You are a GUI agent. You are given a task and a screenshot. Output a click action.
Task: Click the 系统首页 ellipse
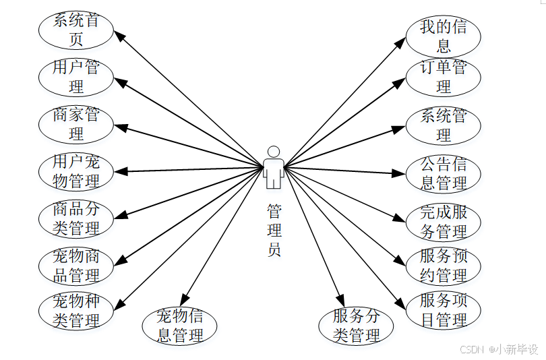pyautogui.click(x=76, y=30)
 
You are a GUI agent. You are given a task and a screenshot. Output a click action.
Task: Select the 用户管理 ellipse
pyautogui.click(x=76, y=77)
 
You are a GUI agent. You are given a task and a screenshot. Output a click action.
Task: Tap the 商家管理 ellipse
pyautogui.click(x=76, y=124)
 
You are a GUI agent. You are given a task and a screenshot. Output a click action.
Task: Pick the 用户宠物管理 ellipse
pyautogui.click(x=76, y=171)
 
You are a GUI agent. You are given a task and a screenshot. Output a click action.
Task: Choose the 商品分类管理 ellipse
pyautogui.click(x=76, y=218)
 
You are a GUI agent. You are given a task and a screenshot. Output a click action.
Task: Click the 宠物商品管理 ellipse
pyautogui.click(x=76, y=266)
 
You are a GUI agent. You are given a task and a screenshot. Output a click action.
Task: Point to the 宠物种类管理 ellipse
pyautogui.click(x=76, y=310)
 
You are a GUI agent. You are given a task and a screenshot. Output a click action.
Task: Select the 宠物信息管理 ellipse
pyautogui.click(x=179, y=326)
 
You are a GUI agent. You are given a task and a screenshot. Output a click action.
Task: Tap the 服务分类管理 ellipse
pyautogui.click(x=357, y=326)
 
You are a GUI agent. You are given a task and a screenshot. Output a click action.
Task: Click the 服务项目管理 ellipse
pyautogui.click(x=444, y=310)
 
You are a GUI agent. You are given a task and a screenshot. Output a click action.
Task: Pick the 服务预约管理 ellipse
pyautogui.click(x=444, y=266)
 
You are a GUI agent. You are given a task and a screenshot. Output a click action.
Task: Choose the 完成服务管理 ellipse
pyautogui.click(x=444, y=222)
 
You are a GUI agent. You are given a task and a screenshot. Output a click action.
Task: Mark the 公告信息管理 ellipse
pyautogui.click(x=444, y=173)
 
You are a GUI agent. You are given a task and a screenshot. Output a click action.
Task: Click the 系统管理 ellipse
pyautogui.click(x=444, y=125)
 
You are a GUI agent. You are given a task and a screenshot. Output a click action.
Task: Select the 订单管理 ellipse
pyautogui.click(x=444, y=77)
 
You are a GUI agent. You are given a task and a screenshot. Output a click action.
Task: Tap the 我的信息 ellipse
pyautogui.click(x=444, y=36)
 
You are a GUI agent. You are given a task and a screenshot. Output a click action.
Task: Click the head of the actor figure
pyautogui.click(x=273, y=152)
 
